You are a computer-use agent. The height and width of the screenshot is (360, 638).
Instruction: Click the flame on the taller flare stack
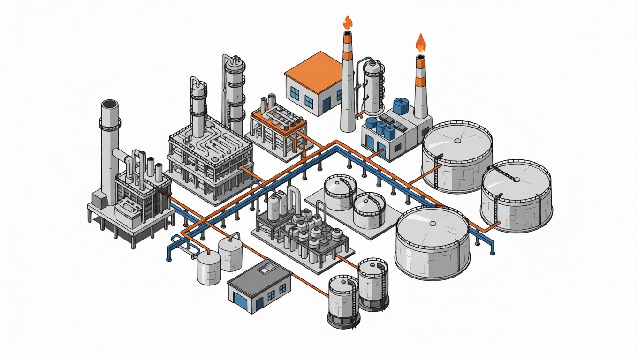[x=348, y=22]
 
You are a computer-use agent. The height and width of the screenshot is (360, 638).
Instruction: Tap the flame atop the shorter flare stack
[x=421, y=43]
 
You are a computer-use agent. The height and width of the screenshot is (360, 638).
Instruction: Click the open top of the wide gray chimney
[x=110, y=105]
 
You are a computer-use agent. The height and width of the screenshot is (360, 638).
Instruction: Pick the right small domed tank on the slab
[x=369, y=210]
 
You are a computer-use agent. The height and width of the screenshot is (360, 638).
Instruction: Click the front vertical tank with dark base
[x=344, y=300]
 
